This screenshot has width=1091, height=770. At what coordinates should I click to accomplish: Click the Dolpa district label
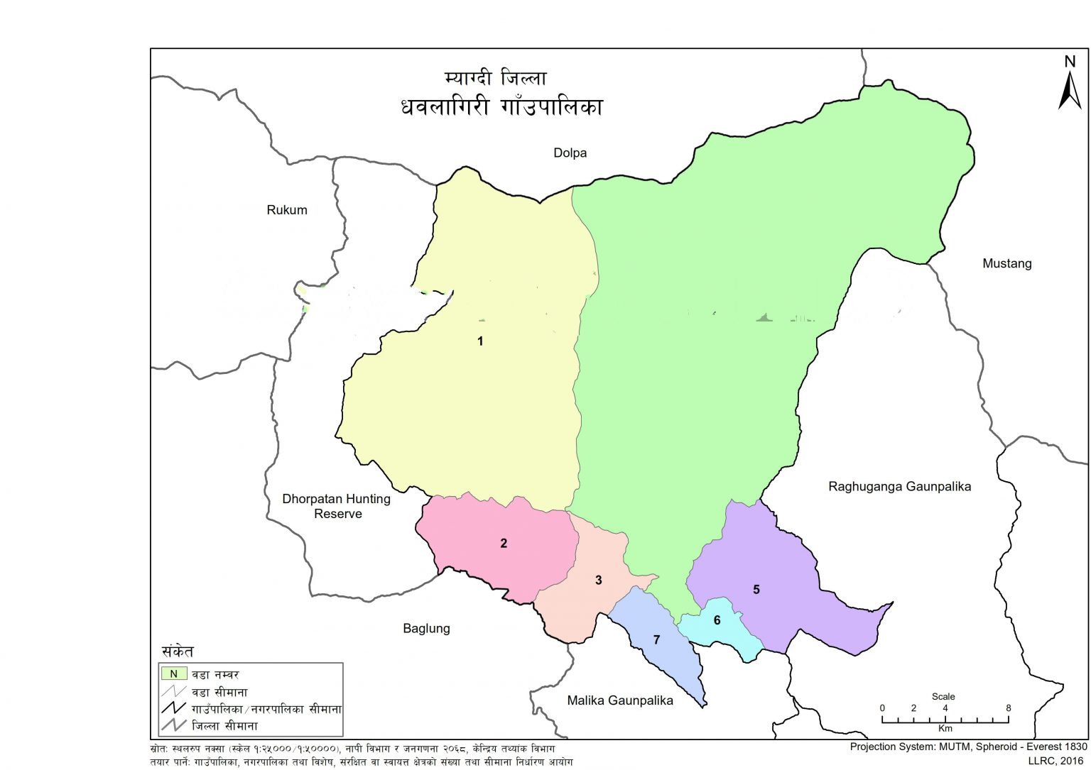[570, 153]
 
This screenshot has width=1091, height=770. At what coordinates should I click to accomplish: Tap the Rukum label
[287, 210]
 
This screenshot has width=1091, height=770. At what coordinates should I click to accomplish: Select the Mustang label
[1006, 263]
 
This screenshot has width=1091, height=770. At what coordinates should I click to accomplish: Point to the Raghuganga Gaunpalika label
[899, 487]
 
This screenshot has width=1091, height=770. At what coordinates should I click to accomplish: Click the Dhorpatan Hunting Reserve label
[337, 506]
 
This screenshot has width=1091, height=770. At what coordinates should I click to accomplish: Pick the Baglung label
[426, 628]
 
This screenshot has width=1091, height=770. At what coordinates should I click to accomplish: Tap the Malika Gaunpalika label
[620, 700]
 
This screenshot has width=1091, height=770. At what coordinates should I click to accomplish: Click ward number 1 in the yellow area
[480, 341]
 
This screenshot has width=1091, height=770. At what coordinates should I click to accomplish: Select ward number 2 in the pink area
[504, 544]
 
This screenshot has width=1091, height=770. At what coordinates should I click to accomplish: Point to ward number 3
[598, 581]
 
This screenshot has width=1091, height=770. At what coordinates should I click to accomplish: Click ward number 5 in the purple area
[756, 590]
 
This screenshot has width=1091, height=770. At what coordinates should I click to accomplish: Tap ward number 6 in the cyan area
[717, 620]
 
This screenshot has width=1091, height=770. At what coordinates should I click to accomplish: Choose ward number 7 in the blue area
[656, 640]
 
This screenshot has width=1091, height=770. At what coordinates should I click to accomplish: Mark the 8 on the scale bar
[1008, 708]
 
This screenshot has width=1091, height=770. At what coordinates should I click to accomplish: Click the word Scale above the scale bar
[943, 696]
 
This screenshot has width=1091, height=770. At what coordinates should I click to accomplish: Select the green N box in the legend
[174, 674]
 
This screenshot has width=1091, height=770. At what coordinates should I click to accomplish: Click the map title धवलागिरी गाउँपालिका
[501, 107]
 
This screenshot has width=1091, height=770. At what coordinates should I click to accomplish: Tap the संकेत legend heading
[178, 651]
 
